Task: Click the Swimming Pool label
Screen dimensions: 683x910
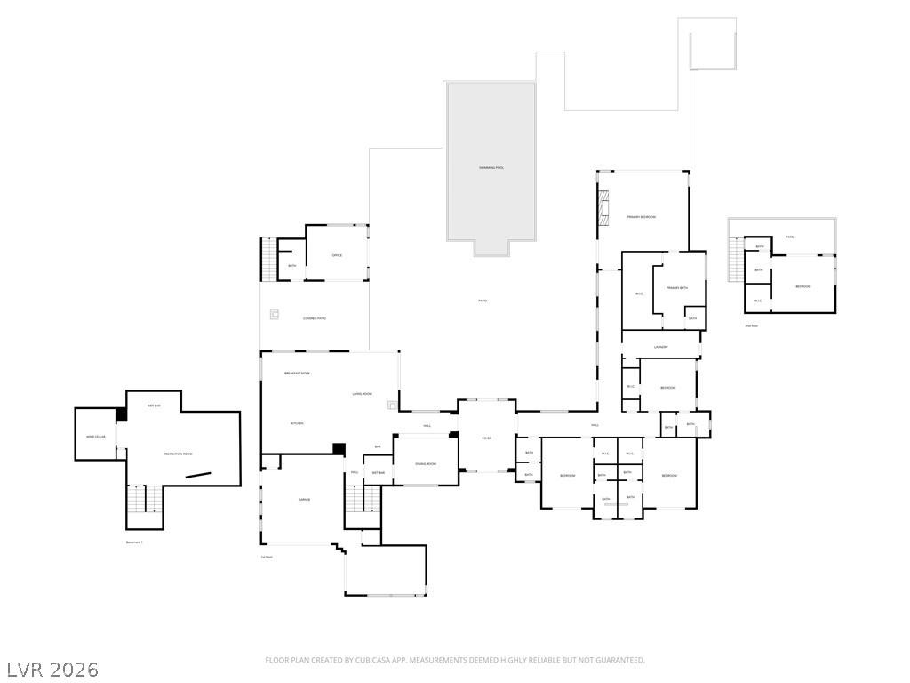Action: click(x=491, y=167)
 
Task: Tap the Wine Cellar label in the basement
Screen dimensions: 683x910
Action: click(x=96, y=437)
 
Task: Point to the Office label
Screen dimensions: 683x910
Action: click(x=337, y=255)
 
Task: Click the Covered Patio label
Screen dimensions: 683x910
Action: click(x=315, y=318)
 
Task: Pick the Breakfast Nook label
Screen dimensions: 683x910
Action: click(x=297, y=373)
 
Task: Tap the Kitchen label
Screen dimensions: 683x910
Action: click(x=297, y=423)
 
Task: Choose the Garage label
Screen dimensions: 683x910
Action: click(x=304, y=500)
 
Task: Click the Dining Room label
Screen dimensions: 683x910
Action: click(x=427, y=464)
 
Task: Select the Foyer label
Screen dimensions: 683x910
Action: click(x=486, y=438)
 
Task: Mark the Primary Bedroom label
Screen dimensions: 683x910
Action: click(x=641, y=217)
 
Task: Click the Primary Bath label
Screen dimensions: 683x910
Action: click(x=677, y=288)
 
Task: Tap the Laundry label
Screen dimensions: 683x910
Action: click(x=660, y=347)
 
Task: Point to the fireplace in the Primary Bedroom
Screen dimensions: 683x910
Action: click(x=603, y=208)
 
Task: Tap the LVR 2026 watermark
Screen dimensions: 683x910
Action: click(x=52, y=669)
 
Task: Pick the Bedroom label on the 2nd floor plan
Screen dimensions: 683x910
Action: click(x=802, y=286)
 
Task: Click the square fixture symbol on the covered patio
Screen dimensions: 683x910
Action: click(x=275, y=313)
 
